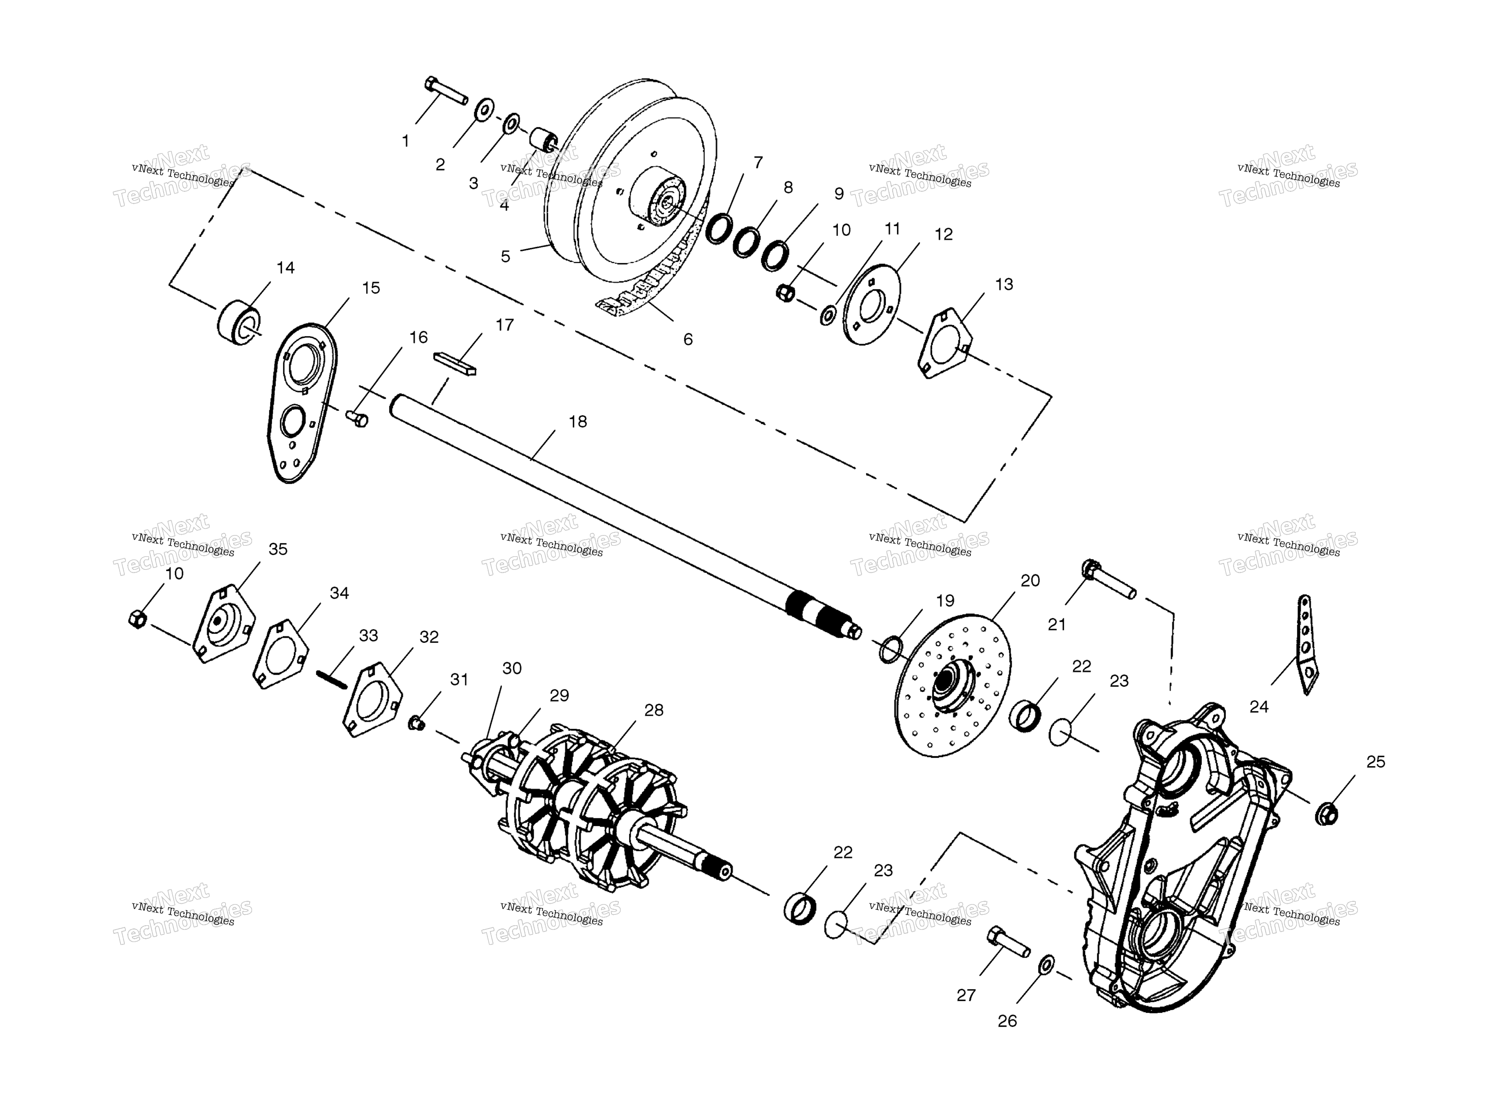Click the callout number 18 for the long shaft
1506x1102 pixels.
(x=578, y=422)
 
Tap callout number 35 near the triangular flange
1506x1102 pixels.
(x=278, y=549)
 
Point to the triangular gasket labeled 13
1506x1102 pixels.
(x=946, y=343)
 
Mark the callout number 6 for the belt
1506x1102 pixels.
(x=688, y=340)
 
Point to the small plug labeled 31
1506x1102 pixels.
(x=416, y=723)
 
